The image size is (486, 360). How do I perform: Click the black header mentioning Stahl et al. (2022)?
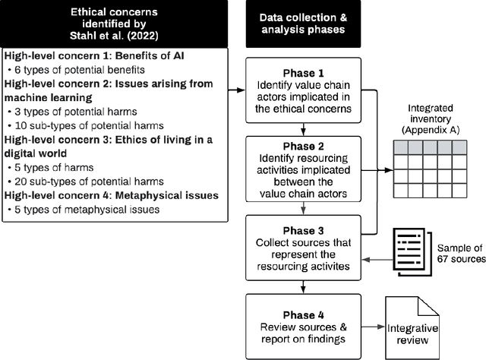(115, 24)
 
